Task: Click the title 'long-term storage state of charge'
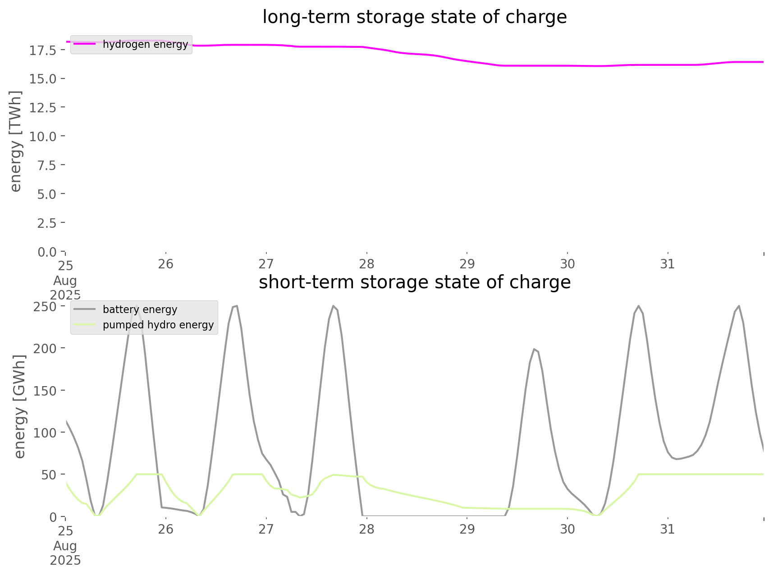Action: (414, 17)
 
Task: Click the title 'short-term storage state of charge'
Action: (414, 282)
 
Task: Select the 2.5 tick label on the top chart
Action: (46, 223)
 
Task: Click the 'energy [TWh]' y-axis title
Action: (16, 141)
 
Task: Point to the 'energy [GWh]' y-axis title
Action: (20, 406)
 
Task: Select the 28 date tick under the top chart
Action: (367, 264)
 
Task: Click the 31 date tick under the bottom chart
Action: (668, 529)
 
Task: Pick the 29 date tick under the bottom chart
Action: (467, 529)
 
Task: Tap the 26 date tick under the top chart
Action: (166, 264)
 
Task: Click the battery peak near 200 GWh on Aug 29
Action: (534, 349)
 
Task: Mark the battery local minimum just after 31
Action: (677, 459)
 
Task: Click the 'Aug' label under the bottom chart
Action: (65, 546)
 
